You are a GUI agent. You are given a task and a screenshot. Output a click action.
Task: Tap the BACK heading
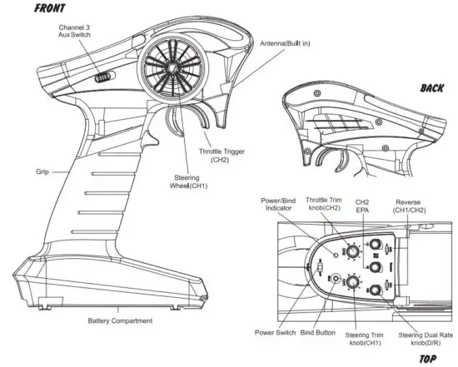(431, 87)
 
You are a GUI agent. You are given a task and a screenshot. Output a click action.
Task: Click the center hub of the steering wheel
(168, 69)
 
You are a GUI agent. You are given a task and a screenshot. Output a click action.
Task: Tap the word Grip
(42, 171)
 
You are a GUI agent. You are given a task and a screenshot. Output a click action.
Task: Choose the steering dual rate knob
(375, 290)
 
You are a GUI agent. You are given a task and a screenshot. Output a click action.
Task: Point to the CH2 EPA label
(363, 207)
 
